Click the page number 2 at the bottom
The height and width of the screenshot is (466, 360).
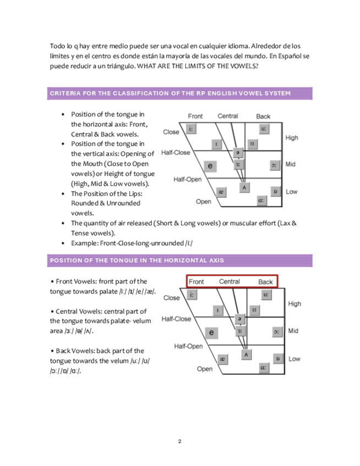[x=180, y=441]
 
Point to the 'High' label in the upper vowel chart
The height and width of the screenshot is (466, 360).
[x=292, y=138]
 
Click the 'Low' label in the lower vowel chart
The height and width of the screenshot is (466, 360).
[x=295, y=359]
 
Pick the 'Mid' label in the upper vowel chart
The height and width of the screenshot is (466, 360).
[x=292, y=164]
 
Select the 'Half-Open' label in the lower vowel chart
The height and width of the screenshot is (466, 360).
[x=189, y=346]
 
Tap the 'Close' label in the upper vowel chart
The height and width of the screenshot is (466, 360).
[x=171, y=132]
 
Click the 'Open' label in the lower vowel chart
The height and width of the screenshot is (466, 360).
[x=204, y=369]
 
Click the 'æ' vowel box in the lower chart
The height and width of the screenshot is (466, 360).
[x=223, y=359]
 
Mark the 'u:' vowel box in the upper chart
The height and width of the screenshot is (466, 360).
[x=264, y=130]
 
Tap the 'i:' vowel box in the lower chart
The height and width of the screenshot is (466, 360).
[x=191, y=295]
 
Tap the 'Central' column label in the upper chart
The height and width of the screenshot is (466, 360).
[x=228, y=116]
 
